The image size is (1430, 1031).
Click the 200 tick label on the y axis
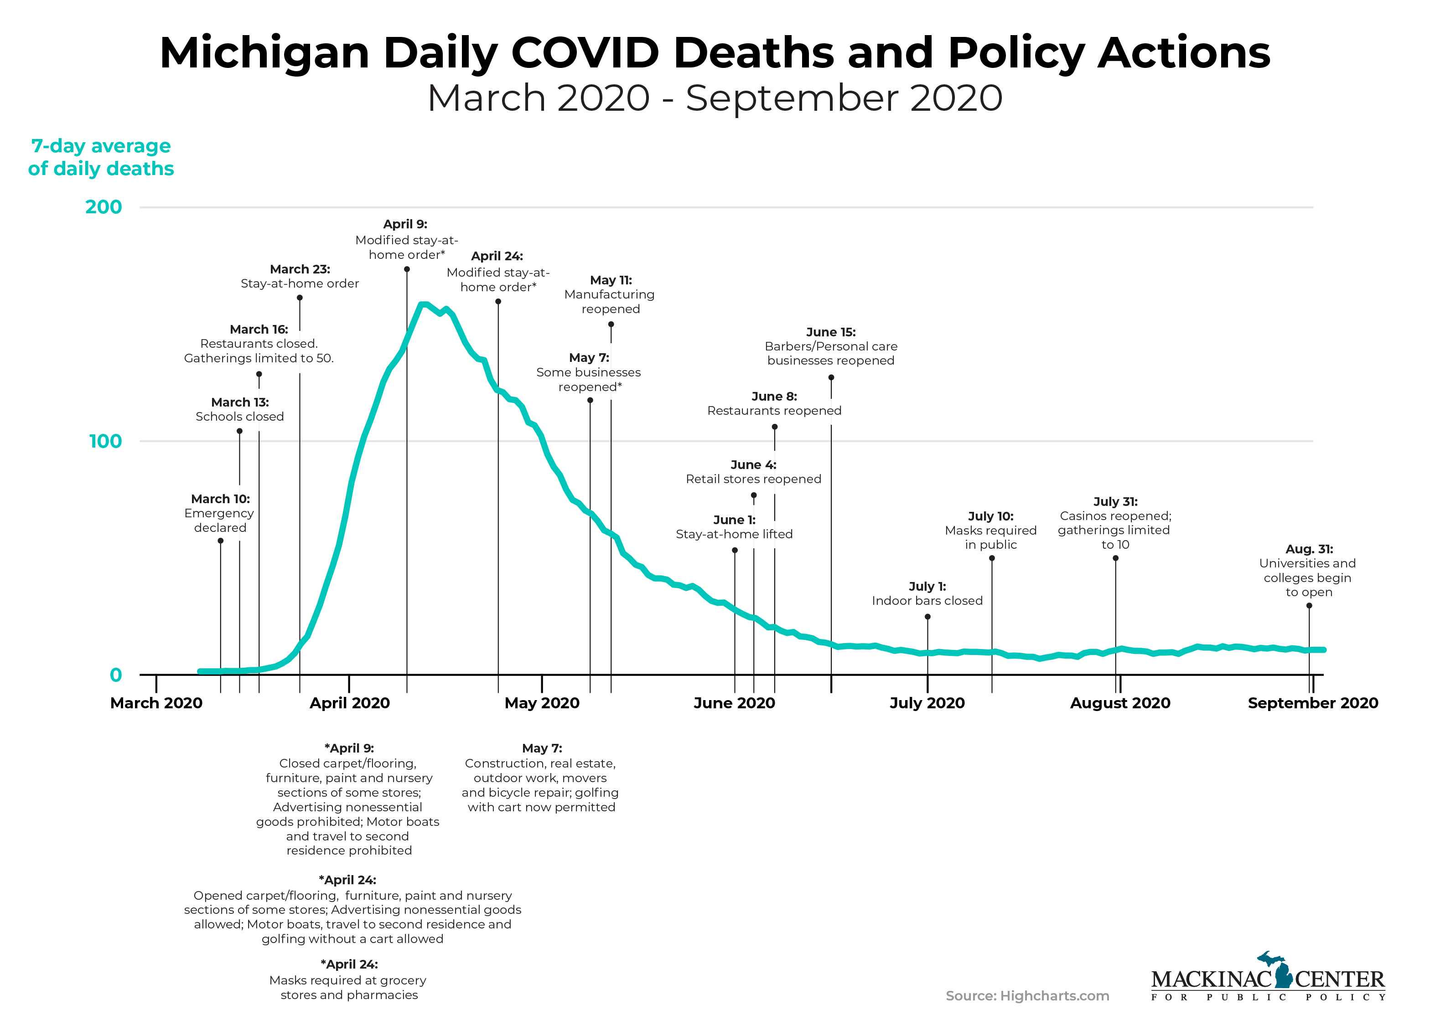coord(104,207)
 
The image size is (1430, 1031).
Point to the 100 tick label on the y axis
coord(105,441)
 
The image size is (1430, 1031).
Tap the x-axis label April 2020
coord(349,703)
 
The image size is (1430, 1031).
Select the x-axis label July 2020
coord(927,703)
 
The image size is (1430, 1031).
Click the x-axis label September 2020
coord(1313,703)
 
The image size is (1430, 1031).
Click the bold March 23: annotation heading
coord(300,269)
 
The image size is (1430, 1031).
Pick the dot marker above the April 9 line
coord(407,269)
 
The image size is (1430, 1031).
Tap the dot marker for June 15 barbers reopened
coord(831,377)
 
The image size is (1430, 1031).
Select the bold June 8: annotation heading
coord(774,397)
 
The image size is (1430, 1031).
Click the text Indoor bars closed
coord(927,601)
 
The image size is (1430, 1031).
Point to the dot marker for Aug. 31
coord(1309,606)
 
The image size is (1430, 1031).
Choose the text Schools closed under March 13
coord(239,417)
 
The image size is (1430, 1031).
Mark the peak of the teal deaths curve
coord(424,305)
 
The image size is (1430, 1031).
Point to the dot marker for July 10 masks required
coord(992,558)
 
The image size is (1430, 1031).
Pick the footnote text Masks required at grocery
coord(347,980)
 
